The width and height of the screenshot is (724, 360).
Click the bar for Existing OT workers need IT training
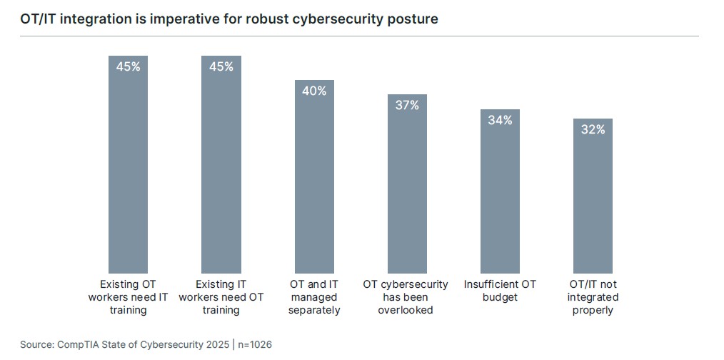(128, 164)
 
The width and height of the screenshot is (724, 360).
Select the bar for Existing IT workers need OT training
(221, 164)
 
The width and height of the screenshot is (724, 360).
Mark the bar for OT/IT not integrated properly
(593, 196)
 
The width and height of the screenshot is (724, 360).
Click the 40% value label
(314, 91)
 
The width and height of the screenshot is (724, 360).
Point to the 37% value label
(407, 105)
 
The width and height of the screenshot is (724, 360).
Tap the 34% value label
(500, 120)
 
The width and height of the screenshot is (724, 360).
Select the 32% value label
(593, 129)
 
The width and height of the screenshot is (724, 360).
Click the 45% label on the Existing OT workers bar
(128, 66)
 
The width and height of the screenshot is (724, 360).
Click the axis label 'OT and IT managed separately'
(314, 297)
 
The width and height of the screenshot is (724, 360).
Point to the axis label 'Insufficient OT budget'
(500, 291)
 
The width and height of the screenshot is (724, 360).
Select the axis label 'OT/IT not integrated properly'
(593, 297)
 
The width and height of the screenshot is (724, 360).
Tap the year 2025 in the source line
(216, 345)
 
